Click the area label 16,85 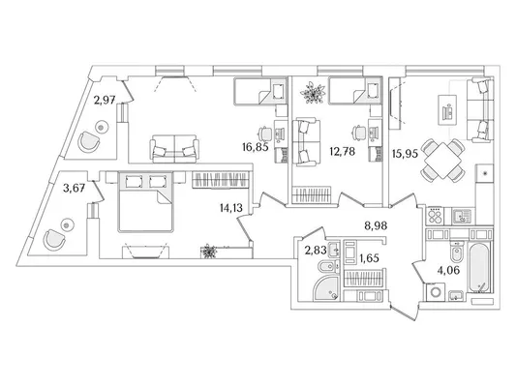tap(255, 147)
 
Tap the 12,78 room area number tap(343, 152)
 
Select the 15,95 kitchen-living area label tap(405, 154)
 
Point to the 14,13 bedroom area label tap(231, 207)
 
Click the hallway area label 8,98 tap(376, 225)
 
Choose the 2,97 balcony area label tap(105, 100)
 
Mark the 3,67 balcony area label tap(74, 189)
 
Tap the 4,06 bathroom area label tap(448, 270)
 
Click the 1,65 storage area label tap(369, 258)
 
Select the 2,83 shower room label tap(316, 251)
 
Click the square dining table tap(443, 161)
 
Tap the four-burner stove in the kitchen tap(435, 217)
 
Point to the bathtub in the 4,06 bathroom tap(480, 268)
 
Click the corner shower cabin tap(326, 288)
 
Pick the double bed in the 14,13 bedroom tap(145, 201)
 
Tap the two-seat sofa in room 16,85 tap(174, 149)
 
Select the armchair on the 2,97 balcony tap(89, 141)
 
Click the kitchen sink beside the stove tap(462, 217)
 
